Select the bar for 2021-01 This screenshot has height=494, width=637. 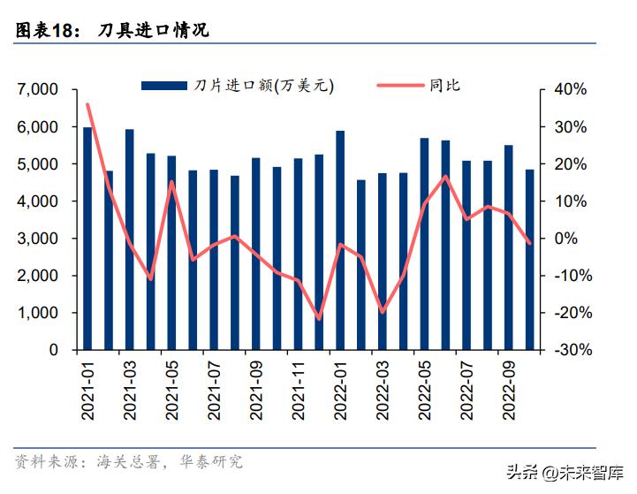87,239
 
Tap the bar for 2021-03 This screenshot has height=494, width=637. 130,239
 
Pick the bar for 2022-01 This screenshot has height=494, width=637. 340,240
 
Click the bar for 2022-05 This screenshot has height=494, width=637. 425,244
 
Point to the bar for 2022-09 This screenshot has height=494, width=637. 509,247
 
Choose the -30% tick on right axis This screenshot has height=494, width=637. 569,350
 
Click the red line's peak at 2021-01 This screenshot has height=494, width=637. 87,104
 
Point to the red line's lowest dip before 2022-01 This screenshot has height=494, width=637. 319,318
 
